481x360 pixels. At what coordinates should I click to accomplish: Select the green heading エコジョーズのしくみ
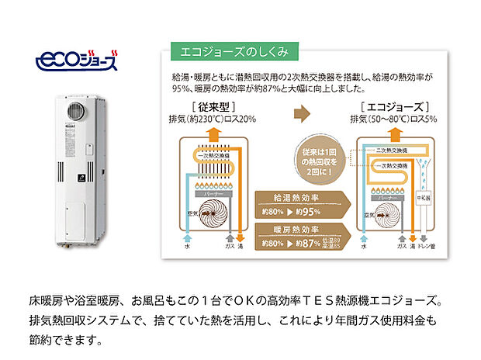click(224, 53)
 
